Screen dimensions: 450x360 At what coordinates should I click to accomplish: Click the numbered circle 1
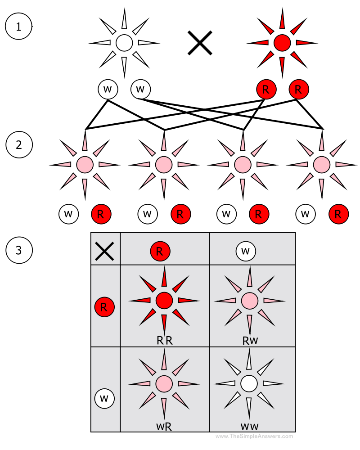[x=18, y=26]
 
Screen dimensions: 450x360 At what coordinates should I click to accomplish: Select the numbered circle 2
[x=18, y=145]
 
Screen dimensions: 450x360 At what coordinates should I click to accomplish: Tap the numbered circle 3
[x=18, y=250]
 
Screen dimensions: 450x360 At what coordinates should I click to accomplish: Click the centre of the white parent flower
[x=124, y=43]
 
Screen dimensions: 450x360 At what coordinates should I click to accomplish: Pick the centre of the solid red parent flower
[x=282, y=43]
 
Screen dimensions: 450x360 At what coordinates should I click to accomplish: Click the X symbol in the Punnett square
[x=104, y=249]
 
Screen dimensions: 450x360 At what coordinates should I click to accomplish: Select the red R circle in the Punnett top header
[x=160, y=251]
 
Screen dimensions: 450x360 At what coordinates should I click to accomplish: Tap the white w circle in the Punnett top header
[x=246, y=251]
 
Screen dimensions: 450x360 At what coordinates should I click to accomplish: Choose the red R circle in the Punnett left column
[x=104, y=308]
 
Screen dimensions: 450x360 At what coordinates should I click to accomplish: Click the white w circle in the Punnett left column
[x=104, y=398]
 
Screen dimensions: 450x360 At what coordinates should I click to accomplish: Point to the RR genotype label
[x=164, y=341]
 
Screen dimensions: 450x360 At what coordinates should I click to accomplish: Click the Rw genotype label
[x=250, y=341]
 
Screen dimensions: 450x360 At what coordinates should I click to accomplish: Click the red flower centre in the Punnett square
[x=164, y=300]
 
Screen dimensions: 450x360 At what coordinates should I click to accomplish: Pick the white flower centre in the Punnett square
[x=249, y=384]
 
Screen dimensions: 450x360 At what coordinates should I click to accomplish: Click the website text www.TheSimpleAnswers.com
[x=254, y=436]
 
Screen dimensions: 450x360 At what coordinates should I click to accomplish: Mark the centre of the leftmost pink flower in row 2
[x=85, y=165]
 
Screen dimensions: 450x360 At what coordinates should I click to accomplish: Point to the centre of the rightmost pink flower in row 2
[x=321, y=165]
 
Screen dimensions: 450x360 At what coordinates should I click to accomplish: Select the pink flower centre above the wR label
[x=164, y=384]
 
